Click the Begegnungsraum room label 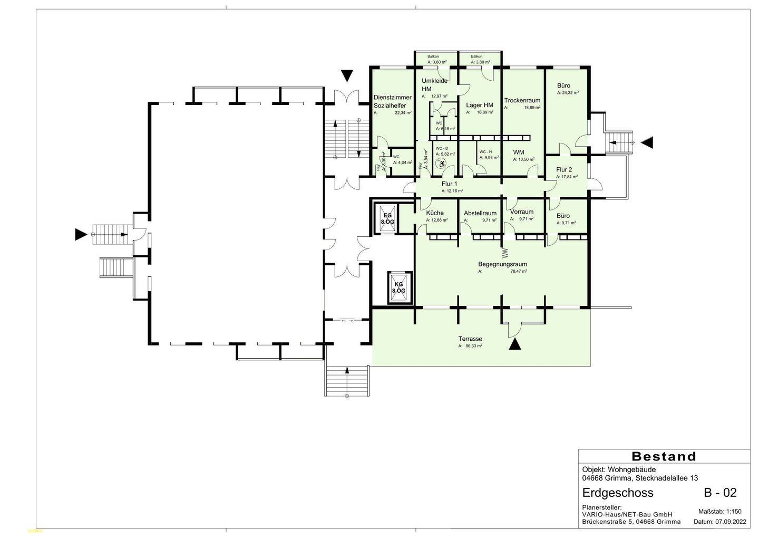502,264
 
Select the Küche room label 435,213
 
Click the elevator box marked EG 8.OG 387,218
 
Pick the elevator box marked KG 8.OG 398,287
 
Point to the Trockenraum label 522,100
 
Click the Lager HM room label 479,105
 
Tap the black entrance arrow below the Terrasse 515,344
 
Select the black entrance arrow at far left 81,234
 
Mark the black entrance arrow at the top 346,76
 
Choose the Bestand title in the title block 664,456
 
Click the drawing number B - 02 720,493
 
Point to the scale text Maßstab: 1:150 719,512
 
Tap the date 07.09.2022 731,522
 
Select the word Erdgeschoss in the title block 618,493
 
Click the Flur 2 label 563,170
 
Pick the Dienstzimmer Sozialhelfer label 392,101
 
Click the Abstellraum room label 480,213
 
